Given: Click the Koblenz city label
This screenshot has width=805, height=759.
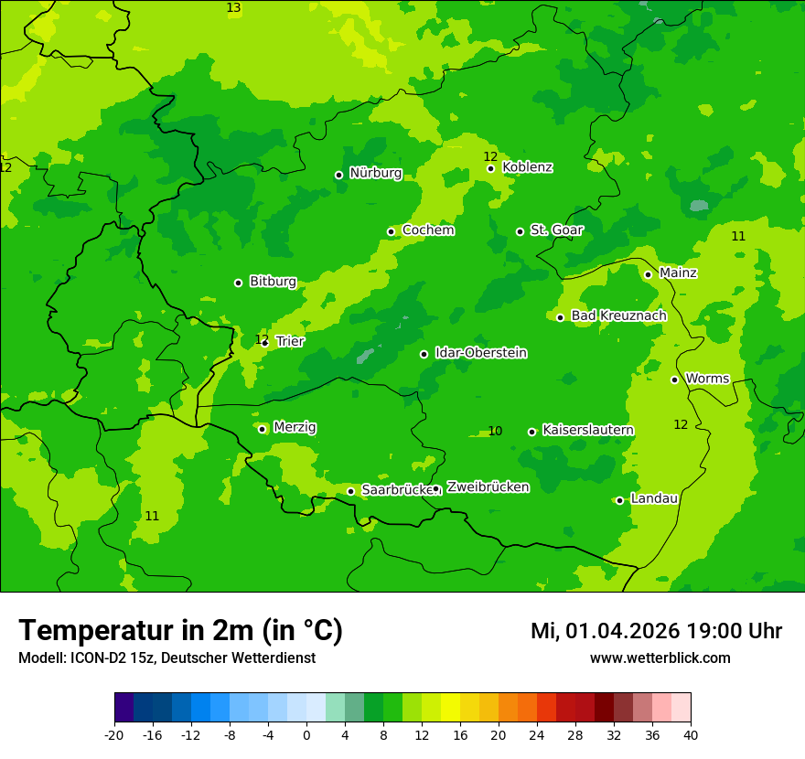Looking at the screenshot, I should tap(527, 167).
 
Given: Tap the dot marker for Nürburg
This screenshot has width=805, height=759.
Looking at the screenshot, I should tap(338, 175).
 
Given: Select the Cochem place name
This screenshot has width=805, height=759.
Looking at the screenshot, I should tap(427, 230).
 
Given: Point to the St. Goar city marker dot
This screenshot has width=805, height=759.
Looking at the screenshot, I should tap(520, 231).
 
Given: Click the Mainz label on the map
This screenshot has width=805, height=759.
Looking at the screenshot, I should tap(678, 273).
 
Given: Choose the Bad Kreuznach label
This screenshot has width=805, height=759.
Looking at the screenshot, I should tap(618, 315).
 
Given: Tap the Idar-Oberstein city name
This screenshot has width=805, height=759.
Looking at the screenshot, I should tap(480, 353).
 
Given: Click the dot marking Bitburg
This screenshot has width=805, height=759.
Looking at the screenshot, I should tap(238, 283).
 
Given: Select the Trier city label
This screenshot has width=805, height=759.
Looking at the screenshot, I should tap(290, 341).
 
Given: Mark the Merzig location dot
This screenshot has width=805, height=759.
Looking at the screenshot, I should tap(262, 429).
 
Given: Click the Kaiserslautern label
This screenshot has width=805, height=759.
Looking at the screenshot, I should tap(587, 430).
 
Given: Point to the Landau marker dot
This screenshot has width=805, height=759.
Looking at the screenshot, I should tap(619, 500).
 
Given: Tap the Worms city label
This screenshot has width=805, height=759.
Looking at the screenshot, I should tap(707, 379).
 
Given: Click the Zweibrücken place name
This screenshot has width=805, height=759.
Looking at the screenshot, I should tap(488, 487).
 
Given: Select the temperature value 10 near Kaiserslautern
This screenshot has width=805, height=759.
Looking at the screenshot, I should tap(495, 431).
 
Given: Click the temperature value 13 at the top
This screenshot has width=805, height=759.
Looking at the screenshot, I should tap(233, 7).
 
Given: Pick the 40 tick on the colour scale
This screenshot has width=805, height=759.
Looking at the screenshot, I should tap(691, 734).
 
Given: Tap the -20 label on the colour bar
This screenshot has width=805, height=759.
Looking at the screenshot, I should tap(114, 734).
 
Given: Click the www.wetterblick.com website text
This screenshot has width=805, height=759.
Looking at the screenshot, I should tap(660, 658).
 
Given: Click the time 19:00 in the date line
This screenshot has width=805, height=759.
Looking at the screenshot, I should tap(714, 631).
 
